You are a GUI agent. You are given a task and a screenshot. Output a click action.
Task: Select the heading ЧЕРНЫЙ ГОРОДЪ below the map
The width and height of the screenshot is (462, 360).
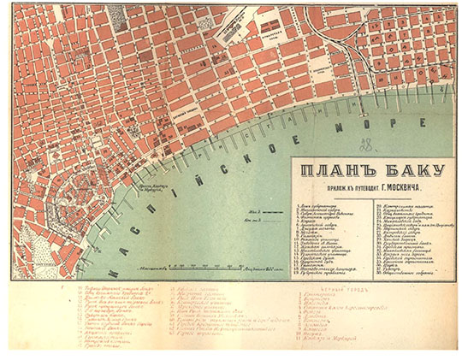click(x=325, y=289)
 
